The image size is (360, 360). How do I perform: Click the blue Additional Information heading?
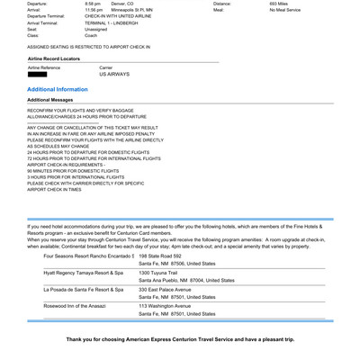[x=58, y=90]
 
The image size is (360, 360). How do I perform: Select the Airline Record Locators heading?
[x=60, y=58]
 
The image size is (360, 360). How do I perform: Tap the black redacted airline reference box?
[x=37, y=75]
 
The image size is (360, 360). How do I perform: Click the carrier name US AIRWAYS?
[x=114, y=75]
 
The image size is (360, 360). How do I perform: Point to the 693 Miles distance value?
[x=279, y=4]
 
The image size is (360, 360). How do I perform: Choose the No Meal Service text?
[x=287, y=10]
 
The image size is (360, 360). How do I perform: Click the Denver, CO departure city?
[x=122, y=4]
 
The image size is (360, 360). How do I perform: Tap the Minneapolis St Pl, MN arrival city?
[x=132, y=10]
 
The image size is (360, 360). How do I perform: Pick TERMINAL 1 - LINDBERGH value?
[x=119, y=23]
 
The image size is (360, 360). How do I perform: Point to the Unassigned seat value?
[x=97, y=30]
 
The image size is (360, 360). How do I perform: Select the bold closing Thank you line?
[x=180, y=338]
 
